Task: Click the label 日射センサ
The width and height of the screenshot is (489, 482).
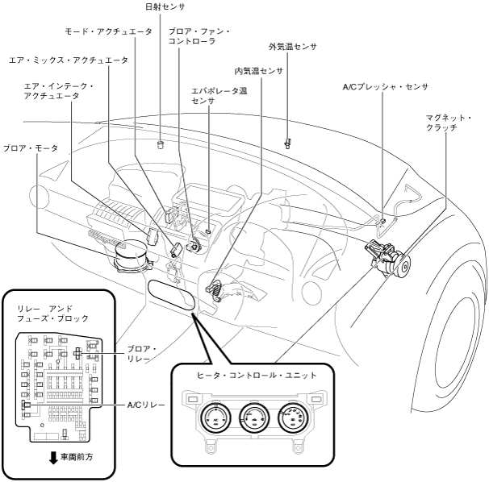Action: coord(165,6)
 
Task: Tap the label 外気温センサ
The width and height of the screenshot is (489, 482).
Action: coord(292,48)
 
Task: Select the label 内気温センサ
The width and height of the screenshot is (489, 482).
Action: coord(258,71)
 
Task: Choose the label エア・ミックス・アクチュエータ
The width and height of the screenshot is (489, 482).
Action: coord(69,60)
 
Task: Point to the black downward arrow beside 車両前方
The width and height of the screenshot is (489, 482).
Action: coord(53,458)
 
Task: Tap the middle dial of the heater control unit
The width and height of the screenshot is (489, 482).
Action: coord(252,419)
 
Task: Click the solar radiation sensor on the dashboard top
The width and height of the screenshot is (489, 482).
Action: coord(161,145)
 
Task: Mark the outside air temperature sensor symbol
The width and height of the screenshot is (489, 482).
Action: coord(287,143)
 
